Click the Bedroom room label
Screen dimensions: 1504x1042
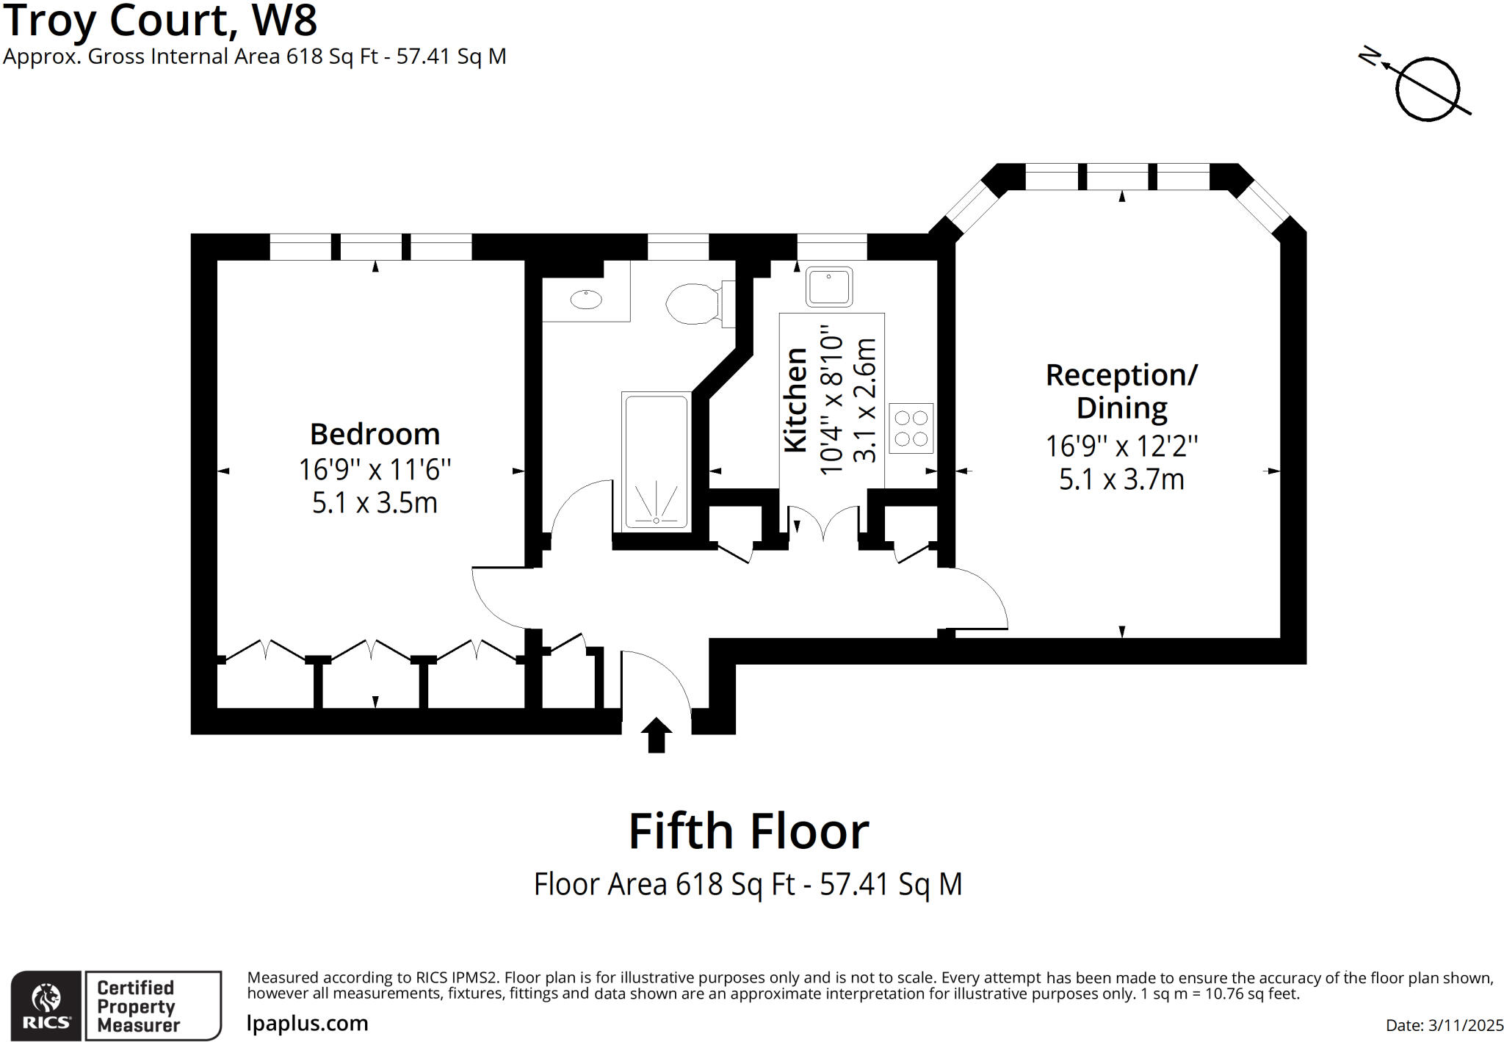375,434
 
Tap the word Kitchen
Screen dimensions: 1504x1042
796,400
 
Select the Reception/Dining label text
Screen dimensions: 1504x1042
1121,391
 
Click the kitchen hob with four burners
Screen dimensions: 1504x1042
911,428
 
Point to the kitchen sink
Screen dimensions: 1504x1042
828,286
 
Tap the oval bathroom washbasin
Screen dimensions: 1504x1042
586,299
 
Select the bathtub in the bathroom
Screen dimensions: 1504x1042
655,460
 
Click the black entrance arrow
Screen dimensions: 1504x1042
656,734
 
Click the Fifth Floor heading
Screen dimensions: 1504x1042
748,831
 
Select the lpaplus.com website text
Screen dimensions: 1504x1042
307,1023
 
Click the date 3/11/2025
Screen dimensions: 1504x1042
1464,1025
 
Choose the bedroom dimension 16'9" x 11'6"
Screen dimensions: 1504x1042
375,469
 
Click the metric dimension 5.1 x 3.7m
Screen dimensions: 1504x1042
1121,480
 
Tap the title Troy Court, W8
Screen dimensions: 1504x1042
160,21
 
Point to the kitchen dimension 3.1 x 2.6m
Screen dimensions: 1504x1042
865,400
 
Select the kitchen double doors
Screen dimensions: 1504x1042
823,523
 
